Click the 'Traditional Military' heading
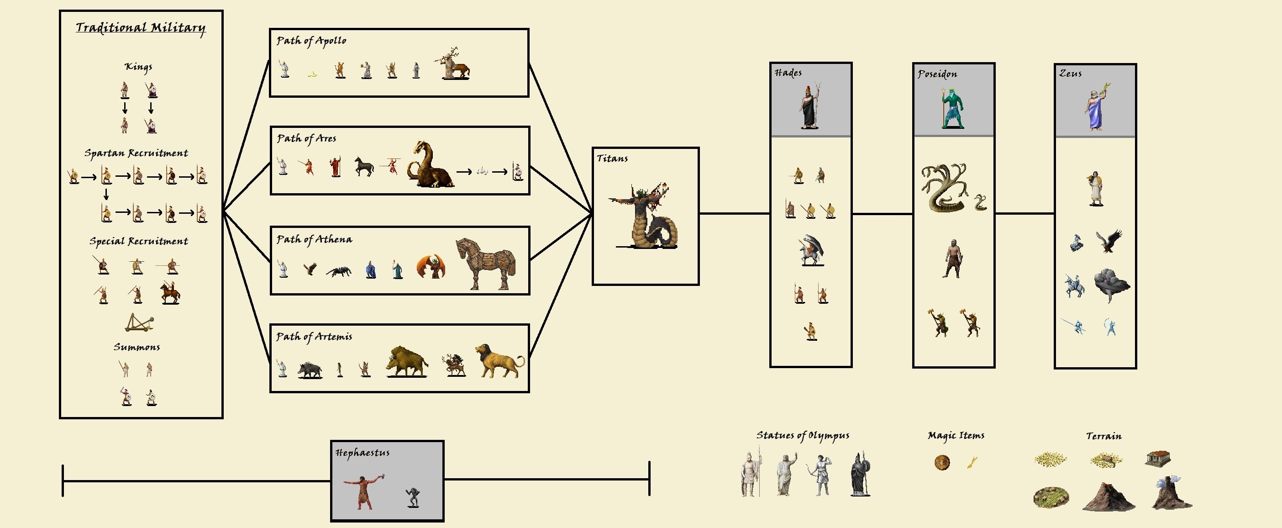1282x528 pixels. (x=140, y=28)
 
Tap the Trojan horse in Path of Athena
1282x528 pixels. (x=485, y=264)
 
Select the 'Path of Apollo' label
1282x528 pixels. (x=311, y=41)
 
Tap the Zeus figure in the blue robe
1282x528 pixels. (x=1096, y=108)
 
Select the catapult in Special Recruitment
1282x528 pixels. (x=139, y=323)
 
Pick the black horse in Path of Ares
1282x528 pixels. (x=364, y=166)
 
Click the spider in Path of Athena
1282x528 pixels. (x=339, y=271)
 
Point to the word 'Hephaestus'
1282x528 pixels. (x=363, y=453)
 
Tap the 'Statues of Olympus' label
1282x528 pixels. (x=803, y=435)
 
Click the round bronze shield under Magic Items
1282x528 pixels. (x=941, y=462)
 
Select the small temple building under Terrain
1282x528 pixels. (x=1158, y=459)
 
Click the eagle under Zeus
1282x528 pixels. (x=1109, y=241)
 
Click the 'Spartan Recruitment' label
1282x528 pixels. (x=136, y=153)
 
